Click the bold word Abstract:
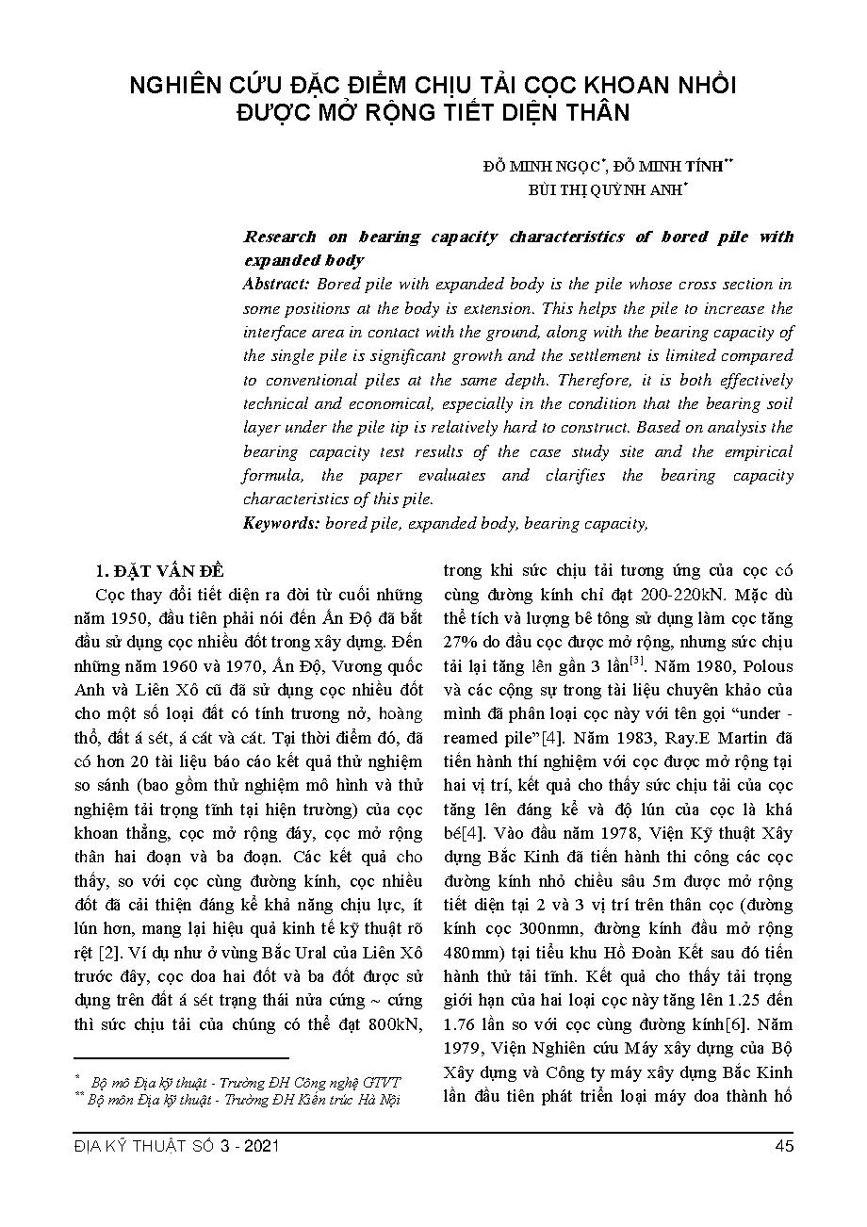tap(277, 284)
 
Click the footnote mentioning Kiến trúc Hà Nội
tap(241, 1100)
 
